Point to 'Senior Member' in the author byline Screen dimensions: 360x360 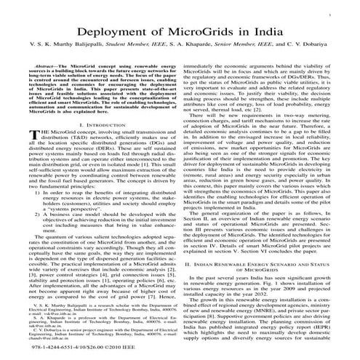(x=235, y=46)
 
